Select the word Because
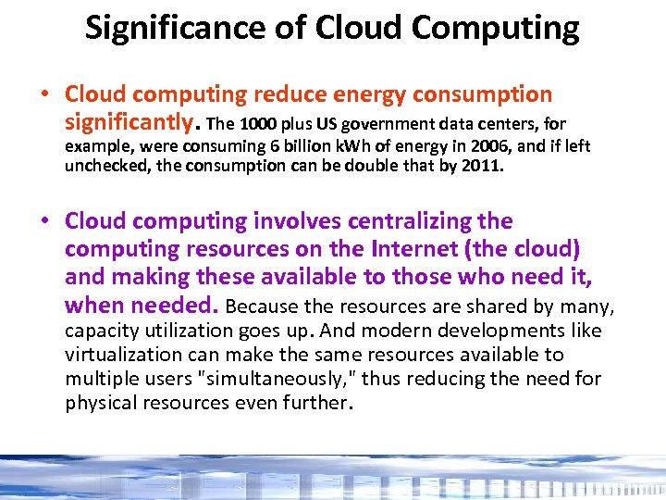tap(258, 306)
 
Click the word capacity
tap(99, 331)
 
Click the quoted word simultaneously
tap(279, 379)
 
